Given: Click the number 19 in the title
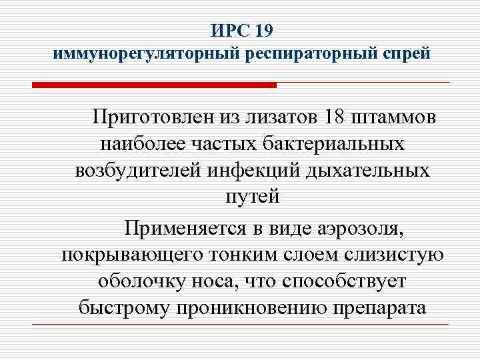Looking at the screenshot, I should pyautogui.click(x=261, y=31).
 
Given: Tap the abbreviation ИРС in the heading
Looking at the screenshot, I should pyautogui.click(x=229, y=31).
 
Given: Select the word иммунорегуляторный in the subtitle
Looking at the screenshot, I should pyautogui.click(x=141, y=54).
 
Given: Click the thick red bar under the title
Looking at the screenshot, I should pyautogui.click(x=153, y=85).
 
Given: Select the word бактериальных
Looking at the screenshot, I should pyautogui.click(x=339, y=143).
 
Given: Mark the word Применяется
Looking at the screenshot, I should pyautogui.click(x=186, y=229).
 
